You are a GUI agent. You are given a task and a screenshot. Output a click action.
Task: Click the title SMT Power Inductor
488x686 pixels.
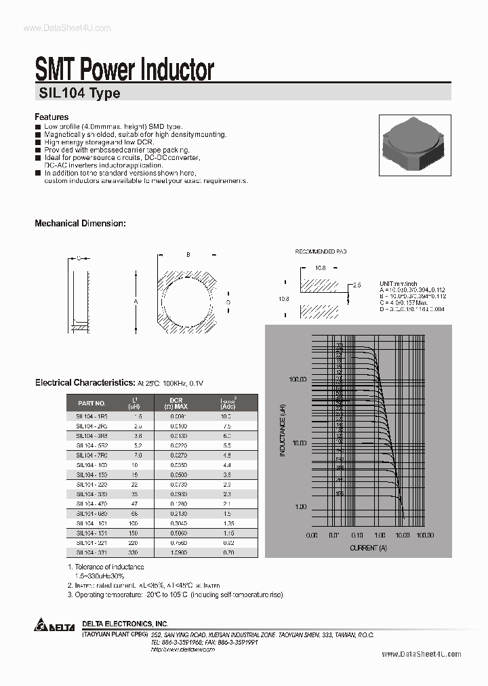(x=124, y=70)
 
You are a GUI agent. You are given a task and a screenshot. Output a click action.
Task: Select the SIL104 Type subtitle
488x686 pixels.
(x=78, y=94)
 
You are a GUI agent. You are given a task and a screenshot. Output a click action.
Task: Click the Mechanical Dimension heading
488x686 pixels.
(x=80, y=223)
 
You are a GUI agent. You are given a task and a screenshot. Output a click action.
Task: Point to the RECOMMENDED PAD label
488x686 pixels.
(x=321, y=251)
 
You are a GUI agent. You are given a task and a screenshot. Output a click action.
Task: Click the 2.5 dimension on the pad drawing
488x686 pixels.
(x=357, y=286)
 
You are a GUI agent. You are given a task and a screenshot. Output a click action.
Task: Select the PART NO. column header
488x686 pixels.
(x=91, y=403)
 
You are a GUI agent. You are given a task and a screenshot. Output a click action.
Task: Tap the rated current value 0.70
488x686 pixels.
(x=227, y=552)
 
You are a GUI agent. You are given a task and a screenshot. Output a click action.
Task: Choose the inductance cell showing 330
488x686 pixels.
(x=138, y=552)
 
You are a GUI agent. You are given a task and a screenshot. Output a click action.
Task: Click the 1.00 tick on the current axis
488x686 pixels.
(x=380, y=535)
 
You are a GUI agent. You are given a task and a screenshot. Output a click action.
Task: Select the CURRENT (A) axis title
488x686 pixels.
(x=368, y=547)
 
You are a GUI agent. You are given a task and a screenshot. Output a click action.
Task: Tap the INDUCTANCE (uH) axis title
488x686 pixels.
(x=281, y=429)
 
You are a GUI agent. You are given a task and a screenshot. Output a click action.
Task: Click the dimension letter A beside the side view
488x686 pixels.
(x=136, y=302)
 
